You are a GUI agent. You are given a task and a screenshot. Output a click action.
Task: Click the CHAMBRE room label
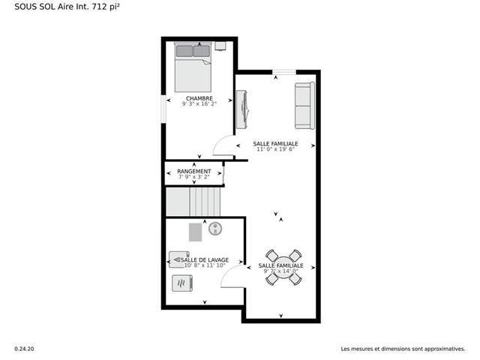[199, 98]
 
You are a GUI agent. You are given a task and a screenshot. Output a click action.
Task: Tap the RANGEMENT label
[194, 171]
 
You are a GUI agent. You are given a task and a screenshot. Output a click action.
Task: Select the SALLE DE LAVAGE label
[205, 260]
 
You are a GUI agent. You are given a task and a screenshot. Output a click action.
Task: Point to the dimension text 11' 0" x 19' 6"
[275, 149]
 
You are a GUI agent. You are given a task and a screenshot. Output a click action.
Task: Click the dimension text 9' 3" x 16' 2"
[199, 103]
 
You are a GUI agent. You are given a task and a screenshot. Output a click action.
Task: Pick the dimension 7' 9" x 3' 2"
[194, 177]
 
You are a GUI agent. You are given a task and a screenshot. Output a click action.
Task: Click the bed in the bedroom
[193, 67]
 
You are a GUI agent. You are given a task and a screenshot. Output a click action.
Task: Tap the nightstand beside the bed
[220, 46]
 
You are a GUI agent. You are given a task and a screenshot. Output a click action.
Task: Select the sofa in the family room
[304, 106]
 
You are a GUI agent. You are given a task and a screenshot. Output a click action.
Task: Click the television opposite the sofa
[242, 109]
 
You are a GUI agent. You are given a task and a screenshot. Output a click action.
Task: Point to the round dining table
[283, 268]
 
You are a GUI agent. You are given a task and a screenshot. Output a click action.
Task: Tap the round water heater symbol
[215, 228]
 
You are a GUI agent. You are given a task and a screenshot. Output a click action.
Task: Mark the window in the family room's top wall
[284, 72]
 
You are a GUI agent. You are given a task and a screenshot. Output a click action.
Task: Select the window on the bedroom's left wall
[163, 109]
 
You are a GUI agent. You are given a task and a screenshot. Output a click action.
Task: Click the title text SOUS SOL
[35, 7]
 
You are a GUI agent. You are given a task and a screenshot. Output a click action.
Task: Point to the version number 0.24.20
[25, 349]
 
